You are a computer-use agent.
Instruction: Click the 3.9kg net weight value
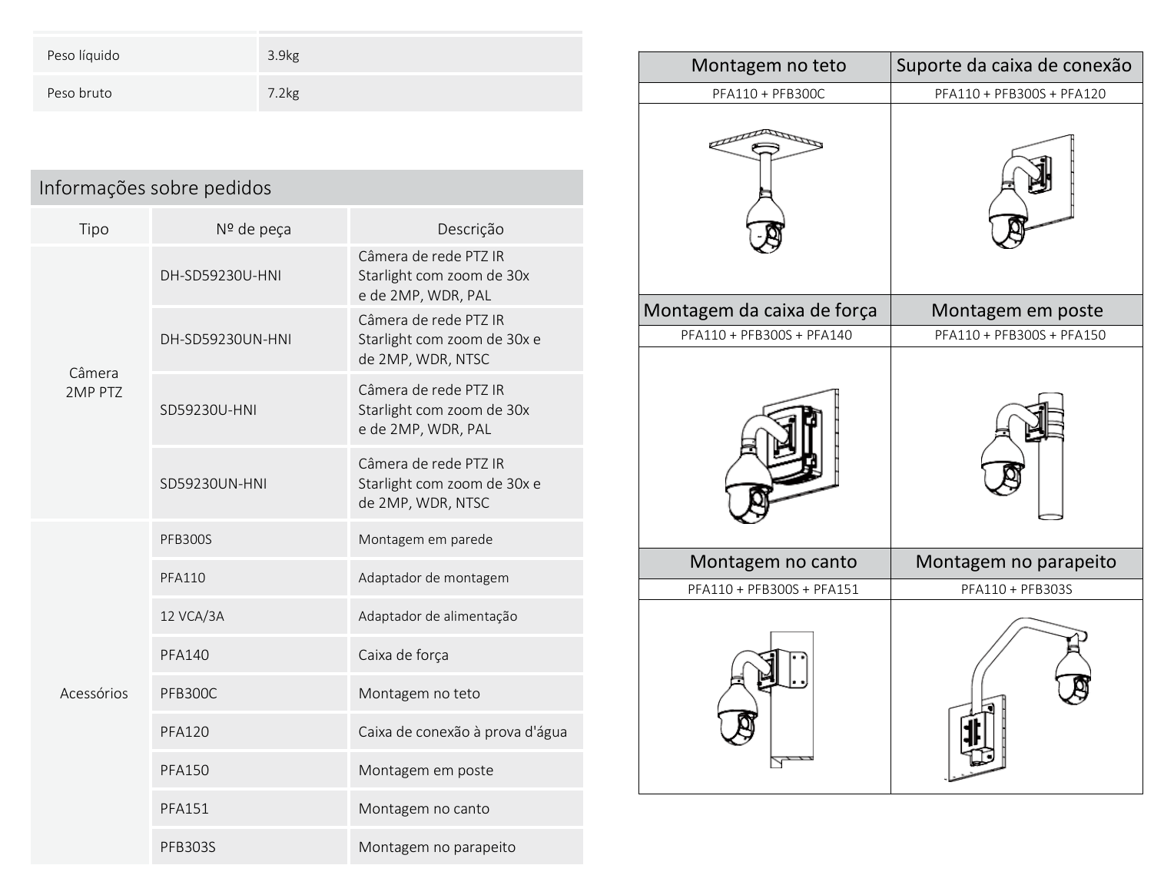point(283,55)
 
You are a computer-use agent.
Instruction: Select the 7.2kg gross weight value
point(283,93)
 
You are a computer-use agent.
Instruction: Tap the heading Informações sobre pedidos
point(155,187)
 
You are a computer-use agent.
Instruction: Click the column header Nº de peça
point(254,229)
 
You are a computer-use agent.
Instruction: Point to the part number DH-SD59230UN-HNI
point(226,339)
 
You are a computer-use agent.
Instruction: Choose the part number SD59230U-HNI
point(208,409)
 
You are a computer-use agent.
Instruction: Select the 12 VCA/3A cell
point(192,616)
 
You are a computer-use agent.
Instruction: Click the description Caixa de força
point(403,655)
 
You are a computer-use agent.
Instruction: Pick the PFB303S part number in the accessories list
point(187,847)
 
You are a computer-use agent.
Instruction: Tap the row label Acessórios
point(94,694)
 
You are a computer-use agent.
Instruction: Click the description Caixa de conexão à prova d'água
point(463,731)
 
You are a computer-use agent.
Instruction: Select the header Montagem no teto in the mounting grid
point(768,65)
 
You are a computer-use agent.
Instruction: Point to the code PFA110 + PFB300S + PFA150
point(1020,335)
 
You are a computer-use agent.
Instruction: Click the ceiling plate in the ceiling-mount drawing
point(766,139)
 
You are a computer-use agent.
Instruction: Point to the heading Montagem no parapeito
point(1016,562)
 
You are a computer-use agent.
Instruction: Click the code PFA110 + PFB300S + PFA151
point(773,589)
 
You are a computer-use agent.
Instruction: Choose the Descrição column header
point(471,229)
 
